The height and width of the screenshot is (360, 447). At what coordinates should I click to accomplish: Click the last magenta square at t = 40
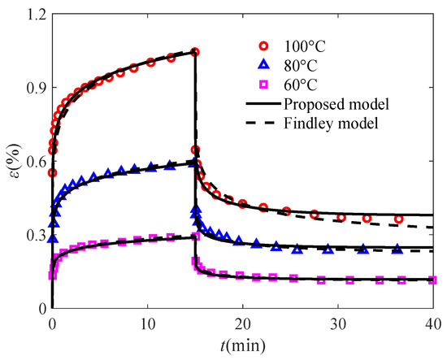pyautogui.click(x=432, y=280)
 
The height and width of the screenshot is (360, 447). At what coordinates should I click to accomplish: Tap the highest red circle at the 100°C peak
pyautogui.click(x=195, y=52)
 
